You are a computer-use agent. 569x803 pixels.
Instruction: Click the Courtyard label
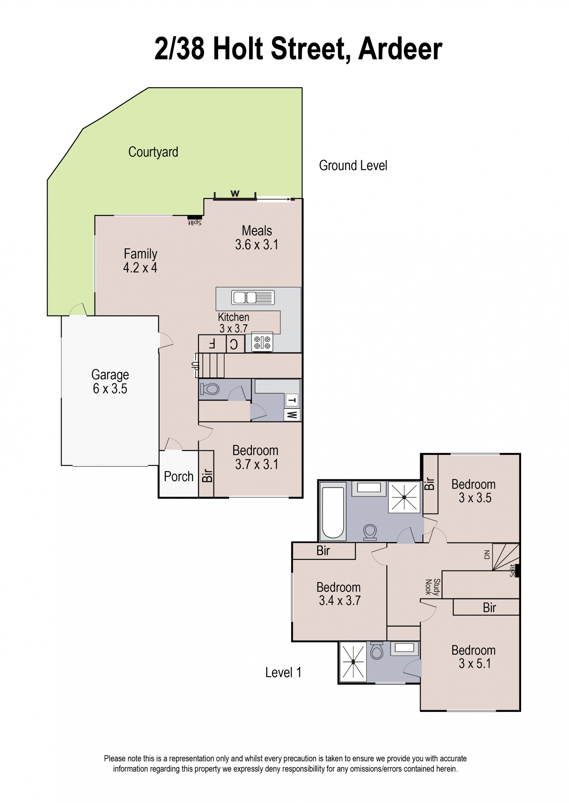[153, 152]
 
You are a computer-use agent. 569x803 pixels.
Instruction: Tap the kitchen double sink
[253, 297]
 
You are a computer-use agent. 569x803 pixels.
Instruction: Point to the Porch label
[179, 477]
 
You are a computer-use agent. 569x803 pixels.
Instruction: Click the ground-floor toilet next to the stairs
[210, 389]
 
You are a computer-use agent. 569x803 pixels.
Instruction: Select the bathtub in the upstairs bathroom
[333, 512]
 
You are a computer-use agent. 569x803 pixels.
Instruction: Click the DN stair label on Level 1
[487, 554]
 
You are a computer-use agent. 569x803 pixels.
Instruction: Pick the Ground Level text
[353, 165]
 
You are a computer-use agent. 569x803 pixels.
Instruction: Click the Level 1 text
[283, 672]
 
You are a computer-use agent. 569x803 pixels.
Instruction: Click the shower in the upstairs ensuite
[353, 662]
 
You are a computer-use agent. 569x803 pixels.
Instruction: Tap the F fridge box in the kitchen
[212, 344]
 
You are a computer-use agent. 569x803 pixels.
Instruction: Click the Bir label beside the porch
[207, 476]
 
